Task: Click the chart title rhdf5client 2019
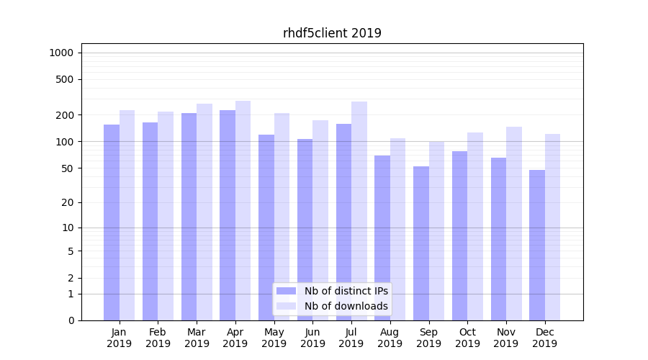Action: pos(332,33)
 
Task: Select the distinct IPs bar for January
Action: pos(112,222)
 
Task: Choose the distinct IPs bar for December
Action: pos(537,245)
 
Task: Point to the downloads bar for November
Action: pos(513,223)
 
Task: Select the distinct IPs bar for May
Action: pos(266,228)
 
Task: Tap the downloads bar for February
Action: pos(166,216)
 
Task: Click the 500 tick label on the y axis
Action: pos(65,79)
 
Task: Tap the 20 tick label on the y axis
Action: pos(68,202)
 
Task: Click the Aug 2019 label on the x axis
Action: pos(390,338)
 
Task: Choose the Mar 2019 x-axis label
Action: pos(197,338)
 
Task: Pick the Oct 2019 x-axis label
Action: pos(467,338)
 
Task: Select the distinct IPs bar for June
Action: pos(305,230)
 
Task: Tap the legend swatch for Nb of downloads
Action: pos(286,306)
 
